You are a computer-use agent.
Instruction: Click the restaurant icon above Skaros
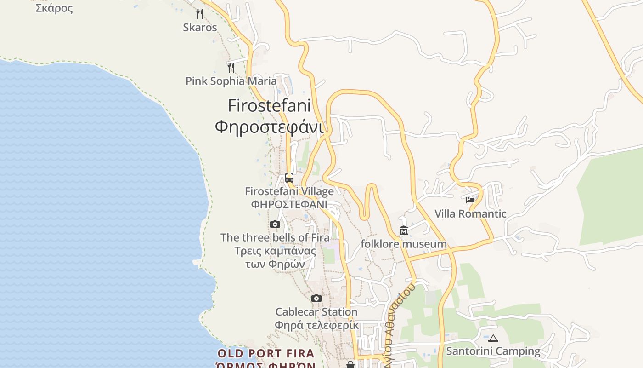(200, 14)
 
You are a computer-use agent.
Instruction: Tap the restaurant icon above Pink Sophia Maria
(231, 68)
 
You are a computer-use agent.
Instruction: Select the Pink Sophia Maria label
(231, 81)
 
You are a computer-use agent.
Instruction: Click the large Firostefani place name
(269, 106)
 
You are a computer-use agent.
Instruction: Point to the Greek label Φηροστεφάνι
(269, 126)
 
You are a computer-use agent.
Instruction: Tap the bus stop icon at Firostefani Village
(289, 177)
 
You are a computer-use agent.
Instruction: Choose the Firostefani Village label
(289, 191)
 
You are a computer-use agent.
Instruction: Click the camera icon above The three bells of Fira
(275, 224)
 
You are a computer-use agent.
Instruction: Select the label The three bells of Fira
(275, 237)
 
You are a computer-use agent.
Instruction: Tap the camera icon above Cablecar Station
(316, 298)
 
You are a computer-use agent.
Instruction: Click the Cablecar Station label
(316, 312)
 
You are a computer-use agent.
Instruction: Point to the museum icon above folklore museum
(404, 230)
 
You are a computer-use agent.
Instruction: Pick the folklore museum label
(404, 244)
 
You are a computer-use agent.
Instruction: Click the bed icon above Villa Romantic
(470, 200)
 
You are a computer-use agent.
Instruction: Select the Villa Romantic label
(470, 213)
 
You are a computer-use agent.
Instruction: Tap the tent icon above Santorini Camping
(493, 338)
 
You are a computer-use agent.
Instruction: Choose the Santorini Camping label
(493, 351)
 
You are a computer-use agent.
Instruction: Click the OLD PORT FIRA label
(266, 353)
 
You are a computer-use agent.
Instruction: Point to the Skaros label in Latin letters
(200, 27)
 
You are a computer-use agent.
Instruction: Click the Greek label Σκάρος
(54, 8)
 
